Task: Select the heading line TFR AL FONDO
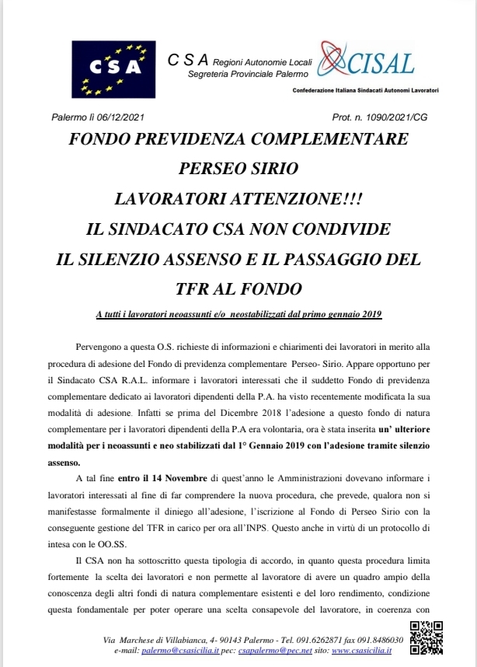[238, 289]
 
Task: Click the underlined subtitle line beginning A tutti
[238, 313]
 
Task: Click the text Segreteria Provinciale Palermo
[248, 74]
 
